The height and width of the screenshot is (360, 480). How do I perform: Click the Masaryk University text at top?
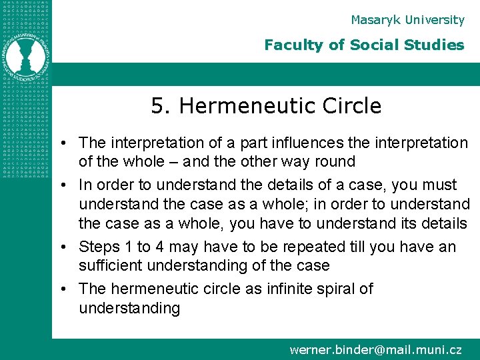coord(407,20)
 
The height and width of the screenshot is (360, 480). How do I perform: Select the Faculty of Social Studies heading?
coord(364,45)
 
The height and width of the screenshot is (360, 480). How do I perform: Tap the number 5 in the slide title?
coord(157,106)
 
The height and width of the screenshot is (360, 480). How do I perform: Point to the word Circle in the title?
coord(351,106)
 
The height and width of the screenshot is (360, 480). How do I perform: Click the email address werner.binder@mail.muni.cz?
coord(375,349)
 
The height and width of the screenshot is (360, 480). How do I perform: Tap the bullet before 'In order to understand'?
coord(67,185)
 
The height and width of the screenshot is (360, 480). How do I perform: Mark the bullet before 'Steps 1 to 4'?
coord(67,247)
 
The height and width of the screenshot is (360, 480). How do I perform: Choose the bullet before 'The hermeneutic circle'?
coord(67,289)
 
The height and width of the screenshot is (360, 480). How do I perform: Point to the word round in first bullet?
coord(336,162)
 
